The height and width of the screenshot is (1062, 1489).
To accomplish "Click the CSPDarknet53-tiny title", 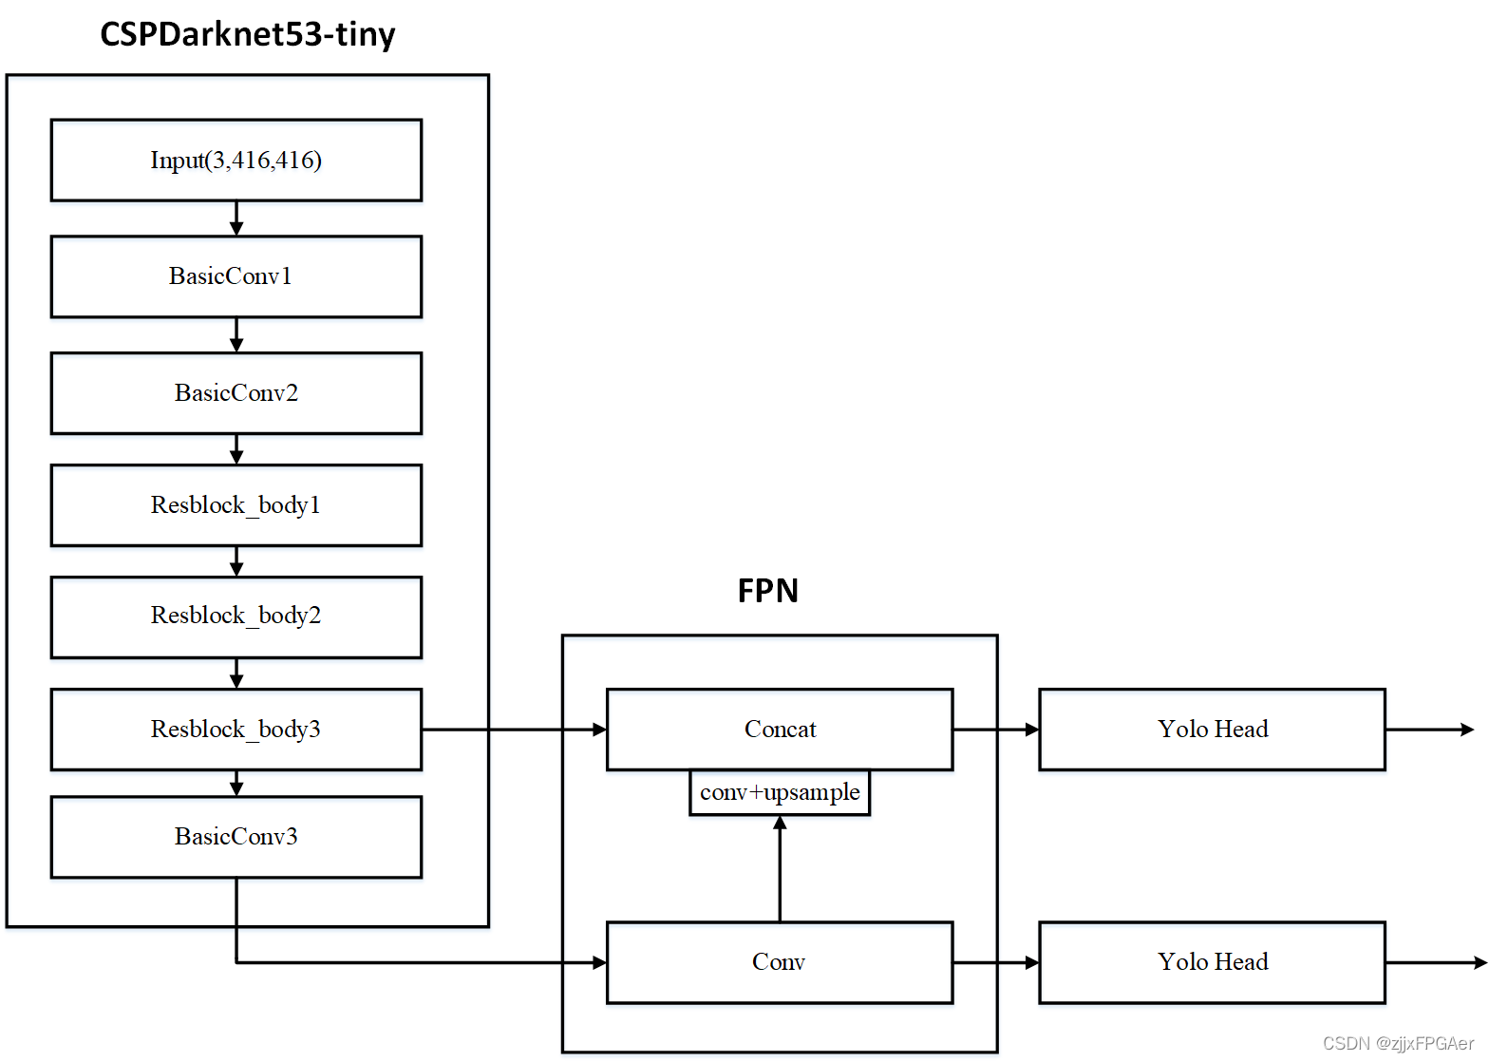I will point(247,34).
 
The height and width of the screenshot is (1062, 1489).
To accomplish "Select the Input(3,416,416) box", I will point(236,160).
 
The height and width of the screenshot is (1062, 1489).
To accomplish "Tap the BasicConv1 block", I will point(236,276).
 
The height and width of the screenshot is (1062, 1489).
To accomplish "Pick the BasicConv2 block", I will point(236,393).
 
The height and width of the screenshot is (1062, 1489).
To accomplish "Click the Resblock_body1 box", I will point(236,505).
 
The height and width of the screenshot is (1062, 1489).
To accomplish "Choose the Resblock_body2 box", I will point(236,616).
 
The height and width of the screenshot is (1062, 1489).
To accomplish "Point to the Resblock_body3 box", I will point(236,730).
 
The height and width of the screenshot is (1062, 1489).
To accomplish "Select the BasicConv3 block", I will point(236,837).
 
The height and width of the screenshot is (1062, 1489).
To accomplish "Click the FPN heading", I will point(767,591).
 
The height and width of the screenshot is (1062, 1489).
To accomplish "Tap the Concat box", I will point(779,730).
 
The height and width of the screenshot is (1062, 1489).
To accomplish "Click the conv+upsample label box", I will point(779,792).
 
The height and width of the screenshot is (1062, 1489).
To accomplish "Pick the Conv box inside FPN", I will point(779,962).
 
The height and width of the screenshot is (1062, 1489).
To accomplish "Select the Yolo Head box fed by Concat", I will point(1212,730).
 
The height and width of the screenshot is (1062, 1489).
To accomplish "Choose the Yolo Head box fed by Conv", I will point(1212,962).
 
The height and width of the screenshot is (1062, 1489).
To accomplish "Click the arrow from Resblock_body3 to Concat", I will point(513,730).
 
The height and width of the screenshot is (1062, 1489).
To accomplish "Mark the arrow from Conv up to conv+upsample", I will point(780,868).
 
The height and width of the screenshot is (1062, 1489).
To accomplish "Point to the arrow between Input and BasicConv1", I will point(236,218).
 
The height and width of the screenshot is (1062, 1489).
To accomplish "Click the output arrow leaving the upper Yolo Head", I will point(1429,730).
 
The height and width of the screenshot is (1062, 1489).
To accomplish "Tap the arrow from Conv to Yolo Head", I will point(995,962).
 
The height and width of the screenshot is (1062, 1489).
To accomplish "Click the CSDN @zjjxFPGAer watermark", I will point(1398,1043).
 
